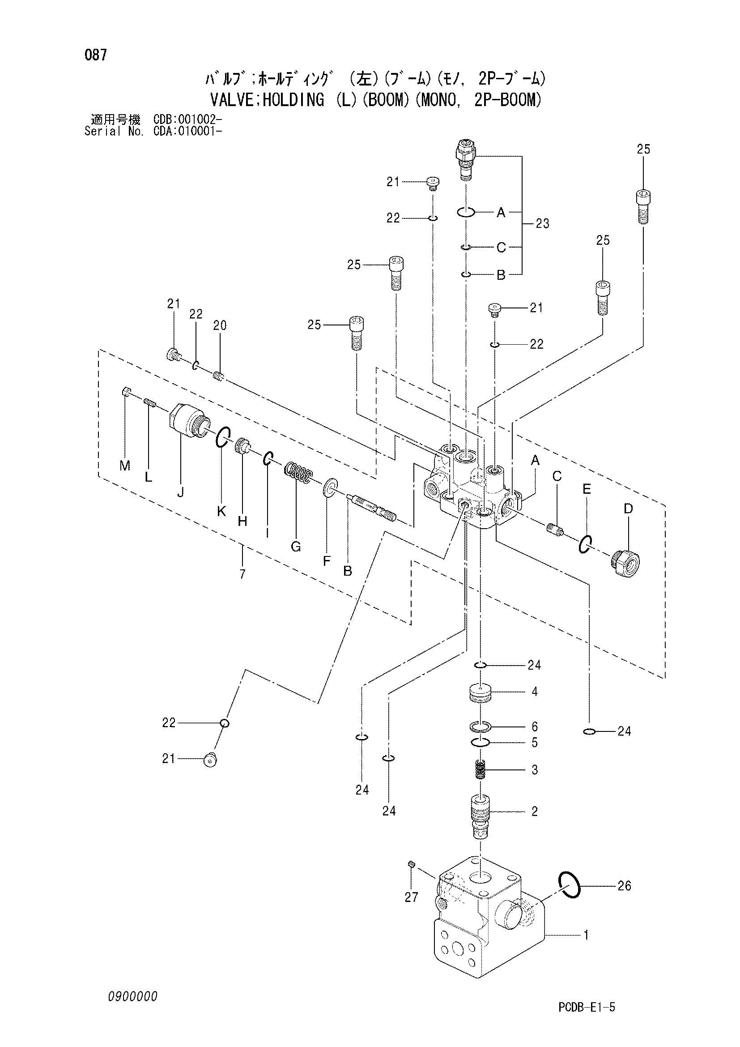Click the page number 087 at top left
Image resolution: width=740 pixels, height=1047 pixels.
(96, 56)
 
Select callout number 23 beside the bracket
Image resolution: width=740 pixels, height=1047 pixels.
(542, 223)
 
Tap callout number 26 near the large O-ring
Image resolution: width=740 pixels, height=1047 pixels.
(624, 885)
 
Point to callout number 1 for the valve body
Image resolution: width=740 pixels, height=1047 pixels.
(586, 935)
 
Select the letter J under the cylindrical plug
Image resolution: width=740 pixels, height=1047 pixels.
(181, 492)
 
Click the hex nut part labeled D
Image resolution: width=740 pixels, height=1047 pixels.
(625, 564)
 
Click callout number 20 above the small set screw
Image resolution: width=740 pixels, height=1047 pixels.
(220, 325)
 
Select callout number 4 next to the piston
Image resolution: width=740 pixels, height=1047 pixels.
(535, 692)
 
